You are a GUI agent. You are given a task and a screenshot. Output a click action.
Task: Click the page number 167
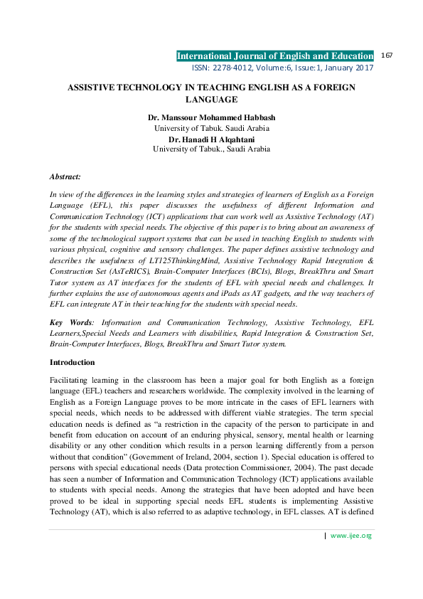(387, 55)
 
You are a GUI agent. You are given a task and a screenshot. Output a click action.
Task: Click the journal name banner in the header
(274, 55)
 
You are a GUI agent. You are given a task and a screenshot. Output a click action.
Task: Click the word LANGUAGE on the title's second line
(211, 100)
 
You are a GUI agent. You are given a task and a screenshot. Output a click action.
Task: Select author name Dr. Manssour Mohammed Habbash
(211, 117)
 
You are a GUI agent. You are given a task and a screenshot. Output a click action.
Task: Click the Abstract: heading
(65, 176)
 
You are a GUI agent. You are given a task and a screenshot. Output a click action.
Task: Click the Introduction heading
(74, 362)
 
